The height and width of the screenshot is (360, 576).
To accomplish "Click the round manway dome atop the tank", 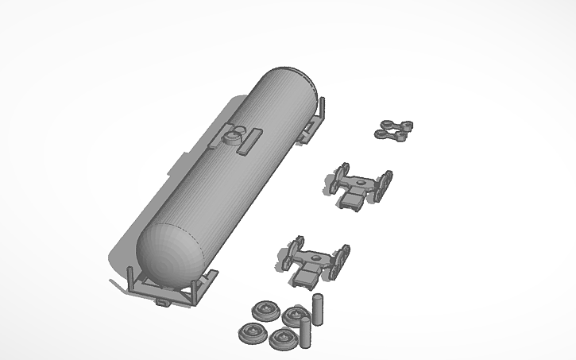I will pos(232,137).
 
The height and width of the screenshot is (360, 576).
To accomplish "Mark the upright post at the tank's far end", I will pos(322,107).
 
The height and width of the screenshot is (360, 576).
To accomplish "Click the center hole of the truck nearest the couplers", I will pos(361,188).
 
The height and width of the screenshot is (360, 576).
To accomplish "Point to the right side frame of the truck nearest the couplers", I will pos(385,184).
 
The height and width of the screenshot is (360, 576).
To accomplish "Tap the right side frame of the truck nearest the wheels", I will pos(342,260).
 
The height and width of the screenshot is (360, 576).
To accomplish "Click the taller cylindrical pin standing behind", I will pos(318,309).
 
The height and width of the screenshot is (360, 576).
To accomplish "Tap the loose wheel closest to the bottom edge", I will pos(282,339).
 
